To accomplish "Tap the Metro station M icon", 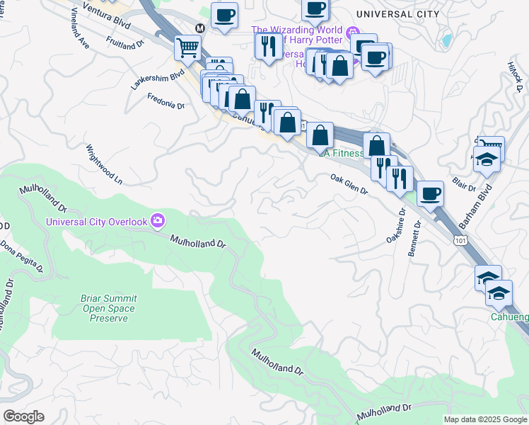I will coord(200,28).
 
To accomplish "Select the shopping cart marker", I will coord(187,48).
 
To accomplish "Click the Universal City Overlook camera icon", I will coord(156,221).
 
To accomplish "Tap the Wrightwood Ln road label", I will coord(103,164).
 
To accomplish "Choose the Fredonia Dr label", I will coord(165,101).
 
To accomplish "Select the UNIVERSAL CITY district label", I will coord(398,14).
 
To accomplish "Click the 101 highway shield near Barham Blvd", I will coord(459,242).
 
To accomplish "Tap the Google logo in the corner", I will coord(23,416).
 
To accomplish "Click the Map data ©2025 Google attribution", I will coord(485,419).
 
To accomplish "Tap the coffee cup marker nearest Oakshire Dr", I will coord(429,193).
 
